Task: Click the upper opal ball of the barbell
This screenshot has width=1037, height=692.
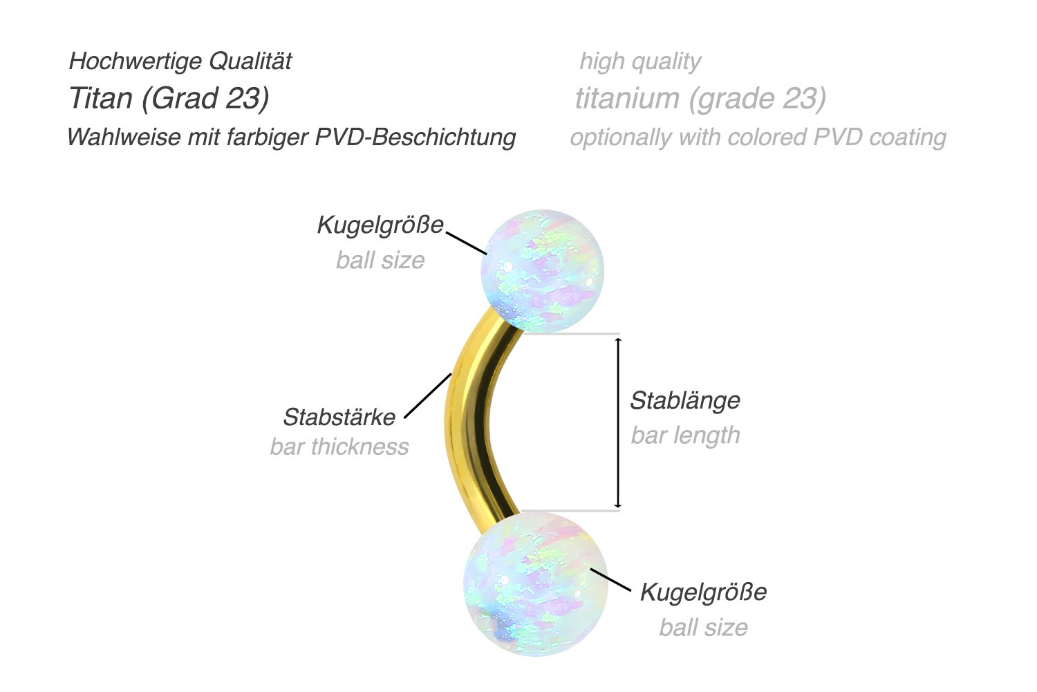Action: click(542, 270)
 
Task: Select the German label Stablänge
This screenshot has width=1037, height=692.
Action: click(685, 401)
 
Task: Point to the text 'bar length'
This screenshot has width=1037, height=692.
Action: click(686, 436)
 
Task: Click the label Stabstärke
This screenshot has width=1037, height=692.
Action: click(339, 417)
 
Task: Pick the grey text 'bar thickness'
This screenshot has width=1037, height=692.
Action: click(339, 447)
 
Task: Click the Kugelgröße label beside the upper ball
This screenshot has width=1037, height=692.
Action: click(380, 225)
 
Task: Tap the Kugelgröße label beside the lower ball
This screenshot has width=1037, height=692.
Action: click(703, 592)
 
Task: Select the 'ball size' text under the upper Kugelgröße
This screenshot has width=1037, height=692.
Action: click(380, 260)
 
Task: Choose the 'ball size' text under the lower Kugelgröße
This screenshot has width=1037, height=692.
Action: click(703, 628)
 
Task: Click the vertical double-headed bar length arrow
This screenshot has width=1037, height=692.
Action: click(617, 423)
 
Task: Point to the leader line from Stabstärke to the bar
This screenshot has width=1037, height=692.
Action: click(428, 395)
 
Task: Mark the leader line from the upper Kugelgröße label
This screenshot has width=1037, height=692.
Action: click(467, 243)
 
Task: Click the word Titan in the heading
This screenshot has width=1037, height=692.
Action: click(101, 98)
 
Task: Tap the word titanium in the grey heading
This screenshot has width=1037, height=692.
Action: click(627, 98)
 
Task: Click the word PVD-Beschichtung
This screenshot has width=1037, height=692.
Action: click(415, 138)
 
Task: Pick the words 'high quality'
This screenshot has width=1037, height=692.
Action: click(640, 62)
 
